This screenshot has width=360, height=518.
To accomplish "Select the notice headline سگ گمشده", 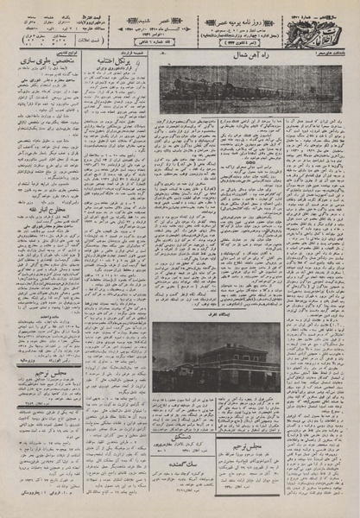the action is coord(195,464).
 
